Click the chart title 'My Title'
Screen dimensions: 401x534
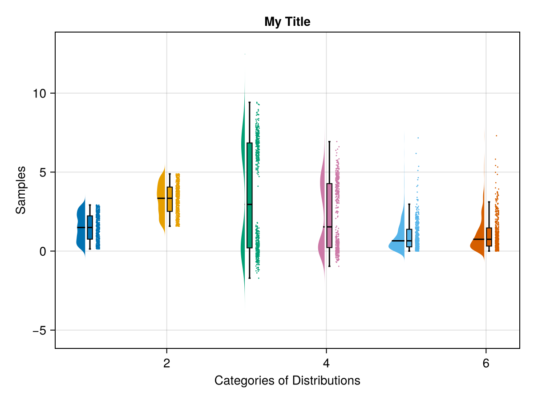[x=287, y=21]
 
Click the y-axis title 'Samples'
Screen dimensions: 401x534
[x=20, y=190]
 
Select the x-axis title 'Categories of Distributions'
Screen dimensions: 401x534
[x=287, y=381]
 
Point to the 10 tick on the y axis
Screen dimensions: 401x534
[x=41, y=94]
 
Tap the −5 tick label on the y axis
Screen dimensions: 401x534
[x=39, y=331]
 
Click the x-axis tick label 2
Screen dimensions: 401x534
[x=167, y=364]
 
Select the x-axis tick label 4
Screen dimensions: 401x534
[x=326, y=364]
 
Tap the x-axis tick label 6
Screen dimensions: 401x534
[x=485, y=364]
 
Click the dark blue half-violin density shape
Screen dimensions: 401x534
[x=81, y=227]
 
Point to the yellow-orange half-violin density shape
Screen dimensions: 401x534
[x=161, y=196]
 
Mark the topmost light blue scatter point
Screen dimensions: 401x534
[x=418, y=138]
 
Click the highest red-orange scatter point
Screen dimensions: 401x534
[x=496, y=135]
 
